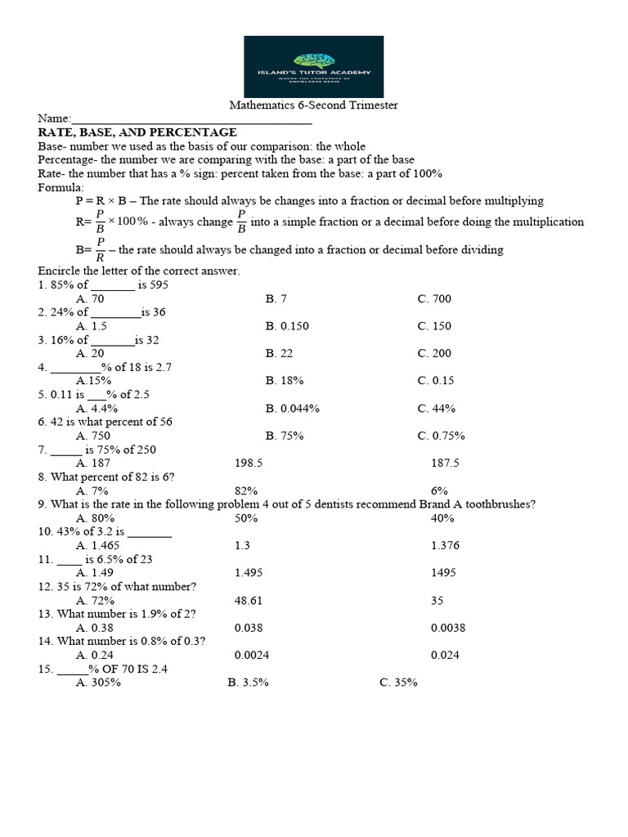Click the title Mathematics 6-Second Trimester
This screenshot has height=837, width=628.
pyautogui.click(x=313, y=105)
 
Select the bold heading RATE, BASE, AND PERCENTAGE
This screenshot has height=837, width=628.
pyautogui.click(x=137, y=132)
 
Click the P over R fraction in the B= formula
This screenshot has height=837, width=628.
pyautogui.click(x=101, y=249)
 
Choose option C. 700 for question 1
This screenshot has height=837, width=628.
pyautogui.click(x=434, y=298)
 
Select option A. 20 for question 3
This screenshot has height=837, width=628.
pyautogui.click(x=90, y=353)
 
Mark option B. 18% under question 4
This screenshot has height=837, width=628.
pyautogui.click(x=285, y=381)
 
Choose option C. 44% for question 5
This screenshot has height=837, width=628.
pyautogui.click(x=436, y=409)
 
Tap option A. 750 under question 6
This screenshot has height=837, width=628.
pyautogui.click(x=93, y=436)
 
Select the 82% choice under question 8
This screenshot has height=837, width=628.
pyautogui.click(x=246, y=491)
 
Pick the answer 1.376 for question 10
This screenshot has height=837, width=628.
pyautogui.click(x=446, y=545)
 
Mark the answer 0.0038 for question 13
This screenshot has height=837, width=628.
pyautogui.click(x=448, y=628)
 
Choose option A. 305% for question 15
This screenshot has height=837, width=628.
pyautogui.click(x=98, y=683)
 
